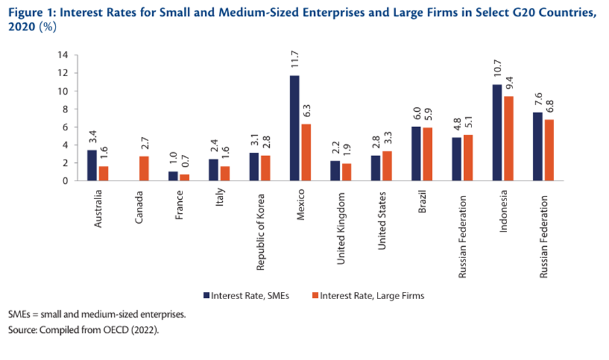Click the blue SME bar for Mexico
pyautogui.click(x=294, y=128)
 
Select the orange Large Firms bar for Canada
pyautogui.click(x=144, y=168)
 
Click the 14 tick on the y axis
pyautogui.click(x=63, y=56)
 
